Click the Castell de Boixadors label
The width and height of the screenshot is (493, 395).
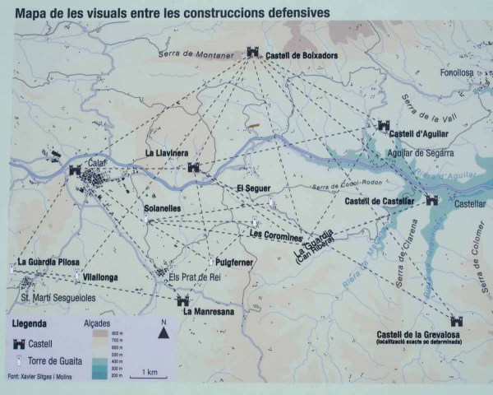(x=303, y=55)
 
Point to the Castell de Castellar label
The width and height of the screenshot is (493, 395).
(x=380, y=201)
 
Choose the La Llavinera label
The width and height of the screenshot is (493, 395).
(x=167, y=153)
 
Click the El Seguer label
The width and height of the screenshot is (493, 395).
(x=253, y=188)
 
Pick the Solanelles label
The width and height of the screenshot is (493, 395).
(x=162, y=208)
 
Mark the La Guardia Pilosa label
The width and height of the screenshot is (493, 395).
(x=41, y=263)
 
